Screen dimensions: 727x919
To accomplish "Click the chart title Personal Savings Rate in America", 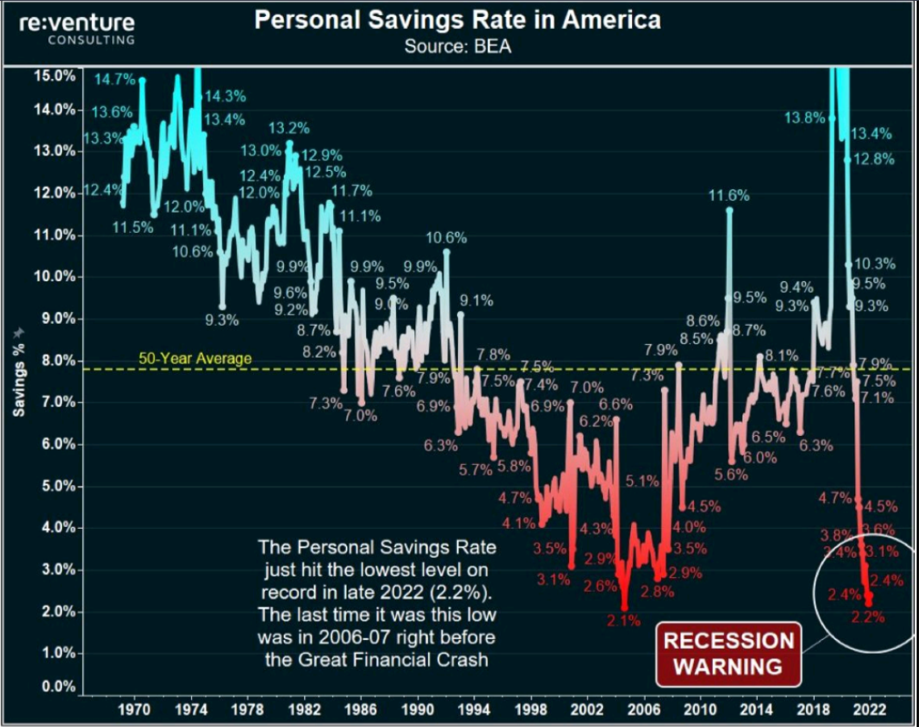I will pyautogui.click(x=457, y=20).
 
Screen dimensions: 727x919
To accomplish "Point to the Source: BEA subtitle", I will pyautogui.click(x=457, y=46).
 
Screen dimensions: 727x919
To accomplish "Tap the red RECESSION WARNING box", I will pyautogui.click(x=728, y=653).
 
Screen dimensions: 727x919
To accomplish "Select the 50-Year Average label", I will pyautogui.click(x=195, y=359).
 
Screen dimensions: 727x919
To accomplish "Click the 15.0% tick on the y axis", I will pyautogui.click(x=55, y=75).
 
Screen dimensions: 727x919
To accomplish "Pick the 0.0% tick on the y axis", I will pyautogui.click(x=56, y=687).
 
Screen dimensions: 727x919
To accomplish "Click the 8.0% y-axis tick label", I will pyautogui.click(x=56, y=360).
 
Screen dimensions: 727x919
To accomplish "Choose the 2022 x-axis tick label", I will pyautogui.click(x=871, y=710).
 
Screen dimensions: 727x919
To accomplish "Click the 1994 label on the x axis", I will pyautogui.click(x=473, y=710).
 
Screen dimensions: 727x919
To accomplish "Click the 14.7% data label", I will pyautogui.click(x=114, y=80).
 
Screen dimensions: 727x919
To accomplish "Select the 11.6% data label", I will pyautogui.click(x=729, y=195).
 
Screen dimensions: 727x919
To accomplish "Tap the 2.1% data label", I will pyautogui.click(x=623, y=621).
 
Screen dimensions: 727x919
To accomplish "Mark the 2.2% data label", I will pyautogui.click(x=868, y=617).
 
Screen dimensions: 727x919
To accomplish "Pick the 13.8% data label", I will pyautogui.click(x=805, y=118).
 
